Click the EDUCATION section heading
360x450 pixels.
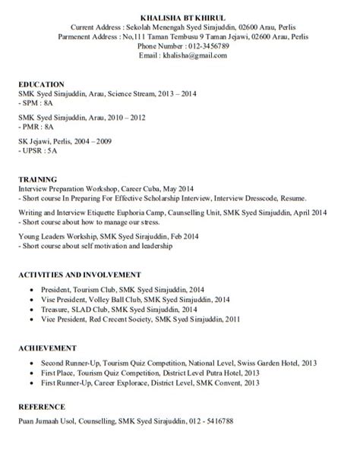42,83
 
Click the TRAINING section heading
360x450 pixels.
37,175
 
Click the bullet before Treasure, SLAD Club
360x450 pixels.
30,310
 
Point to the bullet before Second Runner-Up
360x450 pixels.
30,363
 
